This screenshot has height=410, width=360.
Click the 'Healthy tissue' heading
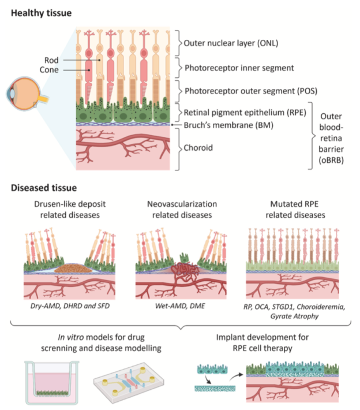point(44,13)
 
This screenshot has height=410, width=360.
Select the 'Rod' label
point(51,59)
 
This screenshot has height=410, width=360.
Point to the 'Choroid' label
point(198,148)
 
